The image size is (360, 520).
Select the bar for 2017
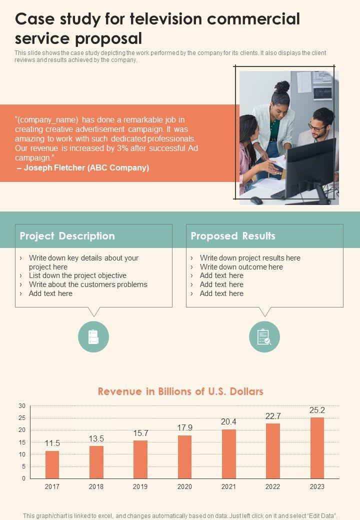(x=52, y=464)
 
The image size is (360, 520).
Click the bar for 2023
(x=317, y=448)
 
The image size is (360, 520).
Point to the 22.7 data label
(x=273, y=416)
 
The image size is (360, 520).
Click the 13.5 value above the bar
(x=96, y=438)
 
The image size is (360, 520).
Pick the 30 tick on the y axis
(x=21, y=405)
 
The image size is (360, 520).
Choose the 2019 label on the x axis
(x=140, y=486)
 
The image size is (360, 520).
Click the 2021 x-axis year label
(x=228, y=486)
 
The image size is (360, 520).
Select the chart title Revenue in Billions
(x=180, y=391)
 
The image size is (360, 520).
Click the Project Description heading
(x=67, y=236)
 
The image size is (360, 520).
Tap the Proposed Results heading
(x=233, y=236)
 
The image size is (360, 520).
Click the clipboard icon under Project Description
(x=93, y=337)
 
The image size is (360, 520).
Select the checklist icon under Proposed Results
(x=264, y=337)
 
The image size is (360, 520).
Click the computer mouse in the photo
(x=256, y=200)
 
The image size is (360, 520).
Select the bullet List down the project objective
(x=77, y=275)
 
